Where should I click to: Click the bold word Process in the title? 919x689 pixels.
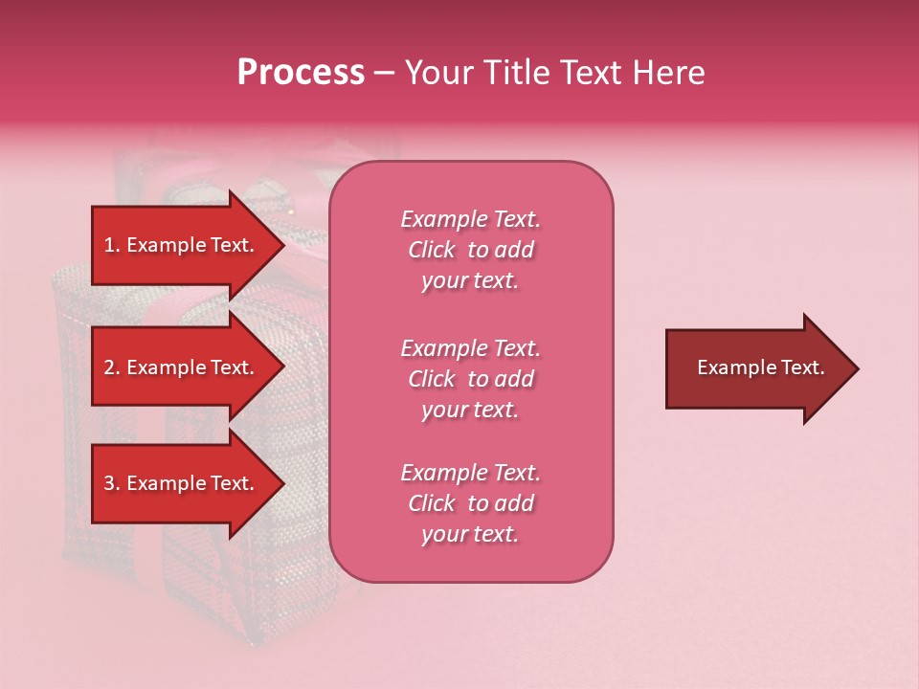[x=301, y=73]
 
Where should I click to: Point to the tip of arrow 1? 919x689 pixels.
[x=282, y=245]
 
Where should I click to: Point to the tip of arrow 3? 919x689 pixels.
[x=282, y=483]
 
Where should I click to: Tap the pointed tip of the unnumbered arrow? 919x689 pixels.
[x=857, y=368]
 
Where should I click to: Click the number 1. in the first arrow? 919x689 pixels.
[x=112, y=245]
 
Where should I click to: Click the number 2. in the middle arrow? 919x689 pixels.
[x=112, y=367]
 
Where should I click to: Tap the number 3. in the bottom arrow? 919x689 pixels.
[x=112, y=483]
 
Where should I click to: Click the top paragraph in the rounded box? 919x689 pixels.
[x=470, y=250]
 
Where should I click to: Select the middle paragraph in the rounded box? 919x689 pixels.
[x=470, y=379]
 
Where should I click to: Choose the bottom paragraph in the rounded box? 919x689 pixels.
[x=470, y=503]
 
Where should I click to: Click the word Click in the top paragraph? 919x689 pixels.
[x=432, y=250]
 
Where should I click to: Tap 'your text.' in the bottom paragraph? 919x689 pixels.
[x=470, y=535]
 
